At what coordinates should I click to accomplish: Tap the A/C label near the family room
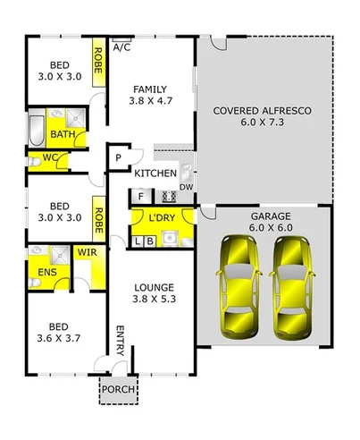[121, 47]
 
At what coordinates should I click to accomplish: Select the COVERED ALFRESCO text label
[263, 111]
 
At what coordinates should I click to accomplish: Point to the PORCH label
[113, 389]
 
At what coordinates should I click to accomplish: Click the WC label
[50, 160]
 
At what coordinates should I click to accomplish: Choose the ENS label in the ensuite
[45, 273]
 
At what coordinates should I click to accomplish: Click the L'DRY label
[162, 218]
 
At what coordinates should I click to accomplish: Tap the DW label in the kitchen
[185, 187]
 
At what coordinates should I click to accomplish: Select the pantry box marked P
[117, 158]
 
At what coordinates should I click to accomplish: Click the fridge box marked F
[140, 195]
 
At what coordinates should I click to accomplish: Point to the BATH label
[63, 134]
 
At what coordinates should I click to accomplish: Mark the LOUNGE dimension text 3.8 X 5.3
[154, 300]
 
